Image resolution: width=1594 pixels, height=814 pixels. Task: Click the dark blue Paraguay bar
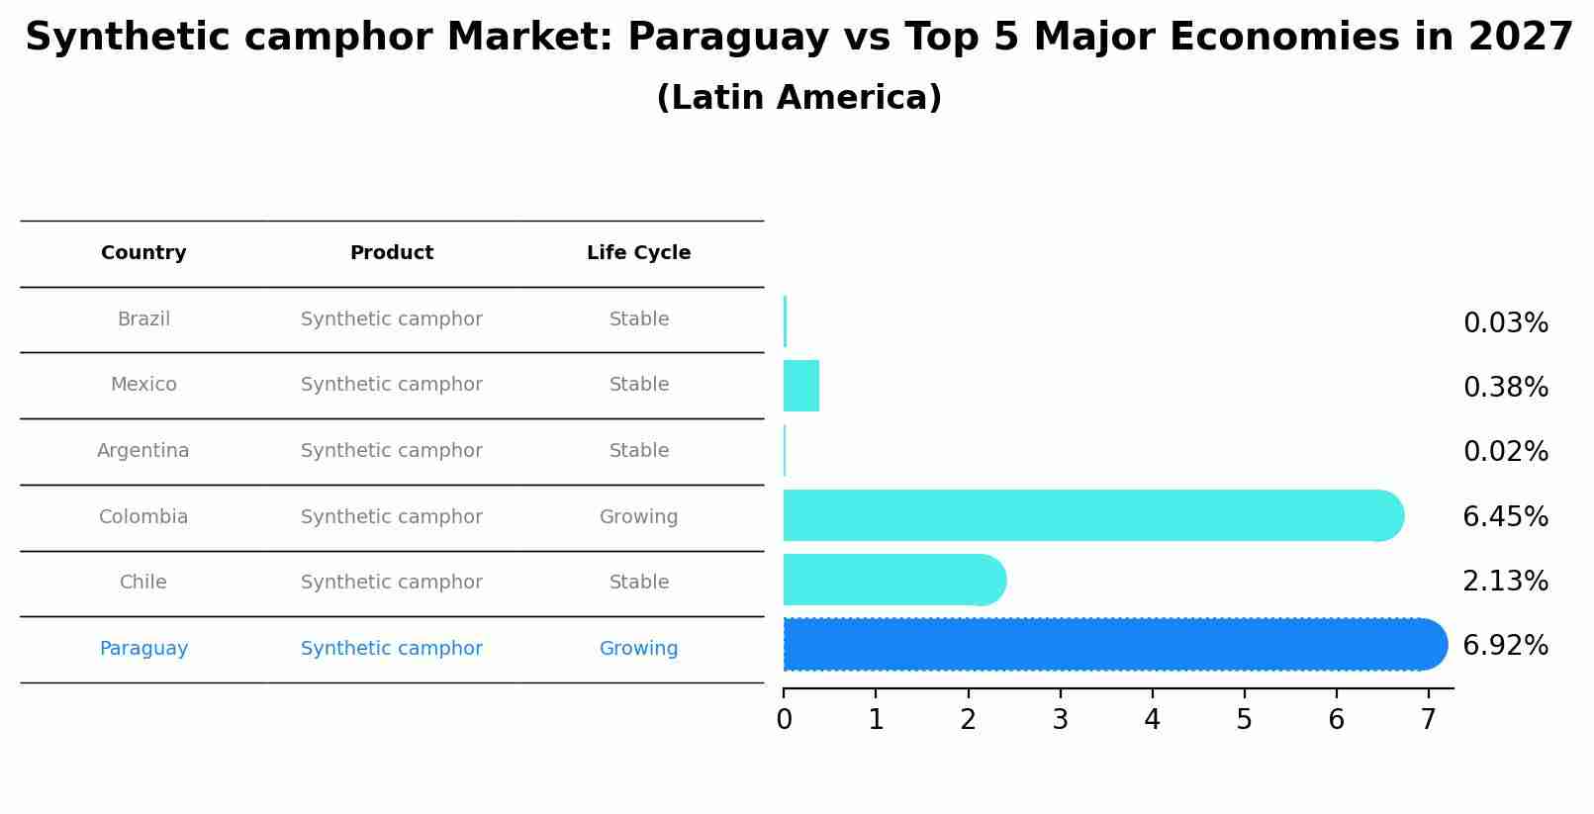tap(1108, 645)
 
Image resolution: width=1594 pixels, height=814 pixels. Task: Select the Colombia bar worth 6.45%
tap(1088, 515)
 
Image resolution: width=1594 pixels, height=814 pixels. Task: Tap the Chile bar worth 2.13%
tap(891, 580)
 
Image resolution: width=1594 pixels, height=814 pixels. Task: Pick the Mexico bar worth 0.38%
tap(801, 386)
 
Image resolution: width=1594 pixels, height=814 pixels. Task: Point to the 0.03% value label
tap(1505, 323)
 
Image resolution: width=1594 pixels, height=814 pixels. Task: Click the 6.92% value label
tap(1505, 645)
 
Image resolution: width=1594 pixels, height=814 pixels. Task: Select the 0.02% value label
tap(1505, 452)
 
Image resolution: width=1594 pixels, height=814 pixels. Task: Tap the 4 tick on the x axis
tap(1152, 720)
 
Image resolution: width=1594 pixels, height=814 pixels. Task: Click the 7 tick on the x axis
tap(1428, 720)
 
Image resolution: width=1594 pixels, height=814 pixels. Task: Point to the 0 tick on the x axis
tap(784, 720)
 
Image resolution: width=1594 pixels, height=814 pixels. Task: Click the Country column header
tap(143, 253)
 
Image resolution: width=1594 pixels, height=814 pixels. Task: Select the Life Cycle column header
tap(638, 253)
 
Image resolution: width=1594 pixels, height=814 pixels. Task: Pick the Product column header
tap(392, 253)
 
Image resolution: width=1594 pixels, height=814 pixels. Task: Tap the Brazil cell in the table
tap(143, 319)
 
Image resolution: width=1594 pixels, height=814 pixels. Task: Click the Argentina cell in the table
tap(143, 451)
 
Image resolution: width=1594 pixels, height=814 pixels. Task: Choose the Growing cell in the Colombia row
tap(638, 517)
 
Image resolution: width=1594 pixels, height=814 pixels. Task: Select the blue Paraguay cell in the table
tap(143, 649)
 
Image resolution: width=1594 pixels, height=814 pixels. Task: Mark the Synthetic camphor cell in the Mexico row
tap(392, 385)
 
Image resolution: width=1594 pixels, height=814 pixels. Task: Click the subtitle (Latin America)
tap(798, 98)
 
